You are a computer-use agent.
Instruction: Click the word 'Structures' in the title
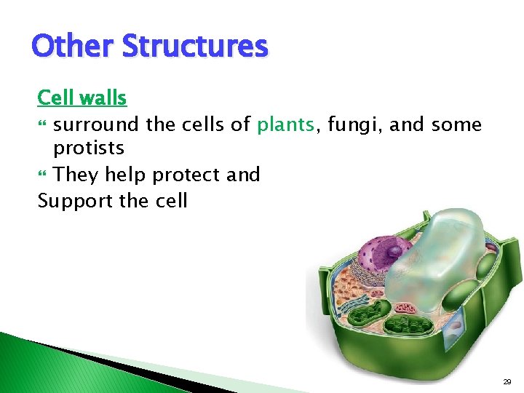(x=194, y=46)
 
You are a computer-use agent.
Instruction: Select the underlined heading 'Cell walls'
(x=82, y=98)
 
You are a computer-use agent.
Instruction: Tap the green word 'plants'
(x=286, y=125)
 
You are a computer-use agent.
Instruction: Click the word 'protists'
(x=89, y=148)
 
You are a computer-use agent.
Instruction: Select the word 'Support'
(x=74, y=201)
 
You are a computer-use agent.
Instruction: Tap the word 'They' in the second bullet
(x=76, y=175)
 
